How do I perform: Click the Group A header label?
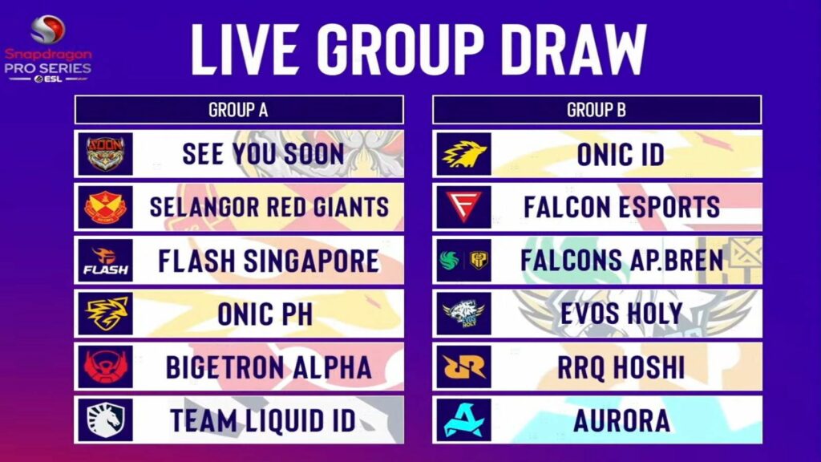pyautogui.click(x=238, y=110)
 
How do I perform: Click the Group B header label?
pyautogui.click(x=597, y=110)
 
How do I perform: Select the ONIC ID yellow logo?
pyautogui.click(x=463, y=154)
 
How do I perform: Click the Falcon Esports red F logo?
pyautogui.click(x=463, y=207)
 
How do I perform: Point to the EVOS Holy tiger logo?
pyautogui.click(x=463, y=314)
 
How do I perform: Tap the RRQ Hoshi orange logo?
pyautogui.click(x=463, y=367)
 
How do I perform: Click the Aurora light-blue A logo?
pyautogui.click(x=463, y=420)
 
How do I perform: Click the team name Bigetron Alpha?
pyautogui.click(x=269, y=367)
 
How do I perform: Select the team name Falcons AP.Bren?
pyautogui.click(x=622, y=260)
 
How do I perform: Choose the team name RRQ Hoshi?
pyautogui.click(x=621, y=367)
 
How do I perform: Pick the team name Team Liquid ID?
pyautogui.click(x=263, y=420)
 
